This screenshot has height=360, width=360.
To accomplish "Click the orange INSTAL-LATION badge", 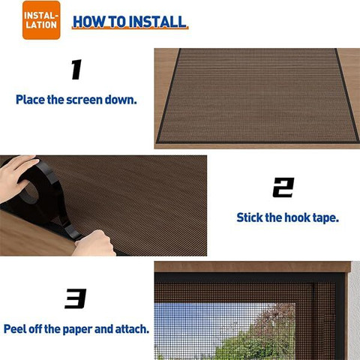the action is [x=41, y=20].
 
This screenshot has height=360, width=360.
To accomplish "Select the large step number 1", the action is [x=76, y=70].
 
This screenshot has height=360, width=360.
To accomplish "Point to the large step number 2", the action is [x=283, y=187].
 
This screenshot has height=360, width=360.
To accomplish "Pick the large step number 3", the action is [x=76, y=298].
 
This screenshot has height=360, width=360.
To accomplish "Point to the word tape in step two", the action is [x=325, y=218].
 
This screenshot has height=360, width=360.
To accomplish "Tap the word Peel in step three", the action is [x=15, y=329].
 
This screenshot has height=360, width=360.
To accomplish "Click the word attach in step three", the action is [x=132, y=329].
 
